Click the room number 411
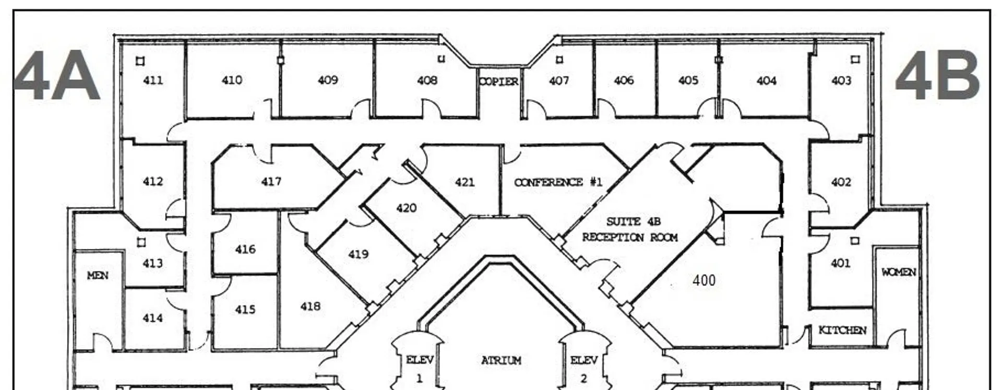tap(153, 80)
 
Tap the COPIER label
tap(499, 81)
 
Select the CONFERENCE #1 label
tap(558, 182)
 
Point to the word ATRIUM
tap(501, 360)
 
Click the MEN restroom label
tap(98, 275)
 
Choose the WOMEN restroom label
tap(898, 272)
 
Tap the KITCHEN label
tap(842, 330)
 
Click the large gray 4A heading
tap(56, 76)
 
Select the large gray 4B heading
tap(938, 76)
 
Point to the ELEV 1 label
tap(420, 369)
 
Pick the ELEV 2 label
tap(584, 369)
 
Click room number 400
tap(704, 280)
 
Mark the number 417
tap(271, 182)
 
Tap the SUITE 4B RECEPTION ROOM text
tap(630, 229)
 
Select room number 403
tap(841, 80)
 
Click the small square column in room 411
tap(140, 61)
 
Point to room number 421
tap(464, 182)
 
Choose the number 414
tap(153, 318)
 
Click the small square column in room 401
tap(855, 241)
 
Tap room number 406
tap(624, 80)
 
